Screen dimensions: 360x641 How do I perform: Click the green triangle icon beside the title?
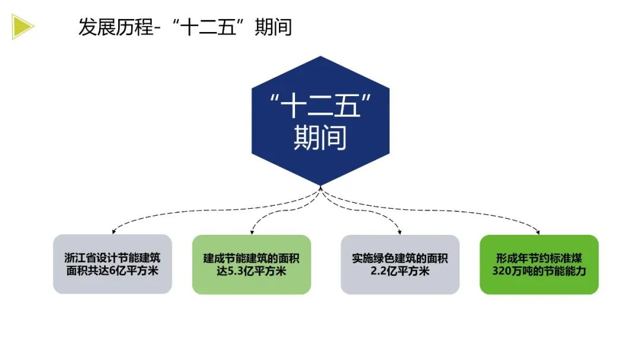click(x=22, y=27)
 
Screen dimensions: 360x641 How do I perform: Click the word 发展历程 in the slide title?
click(x=116, y=27)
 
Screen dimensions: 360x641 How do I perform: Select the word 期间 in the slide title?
click(x=273, y=27)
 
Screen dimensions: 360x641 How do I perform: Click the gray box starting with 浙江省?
click(x=112, y=265)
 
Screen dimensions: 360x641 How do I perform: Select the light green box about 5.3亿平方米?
click(x=251, y=265)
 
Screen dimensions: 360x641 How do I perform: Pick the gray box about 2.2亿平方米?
click(x=399, y=265)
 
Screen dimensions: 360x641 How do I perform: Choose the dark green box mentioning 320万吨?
click(x=539, y=265)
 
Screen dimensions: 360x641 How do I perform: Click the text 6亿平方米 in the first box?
click(x=134, y=271)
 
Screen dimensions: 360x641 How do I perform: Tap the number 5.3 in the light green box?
click(x=235, y=271)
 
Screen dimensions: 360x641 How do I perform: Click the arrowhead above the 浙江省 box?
click(x=113, y=231)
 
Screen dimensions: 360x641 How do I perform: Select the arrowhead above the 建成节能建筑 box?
click(x=252, y=231)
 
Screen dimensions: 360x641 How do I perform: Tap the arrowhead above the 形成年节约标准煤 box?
click(x=538, y=231)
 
